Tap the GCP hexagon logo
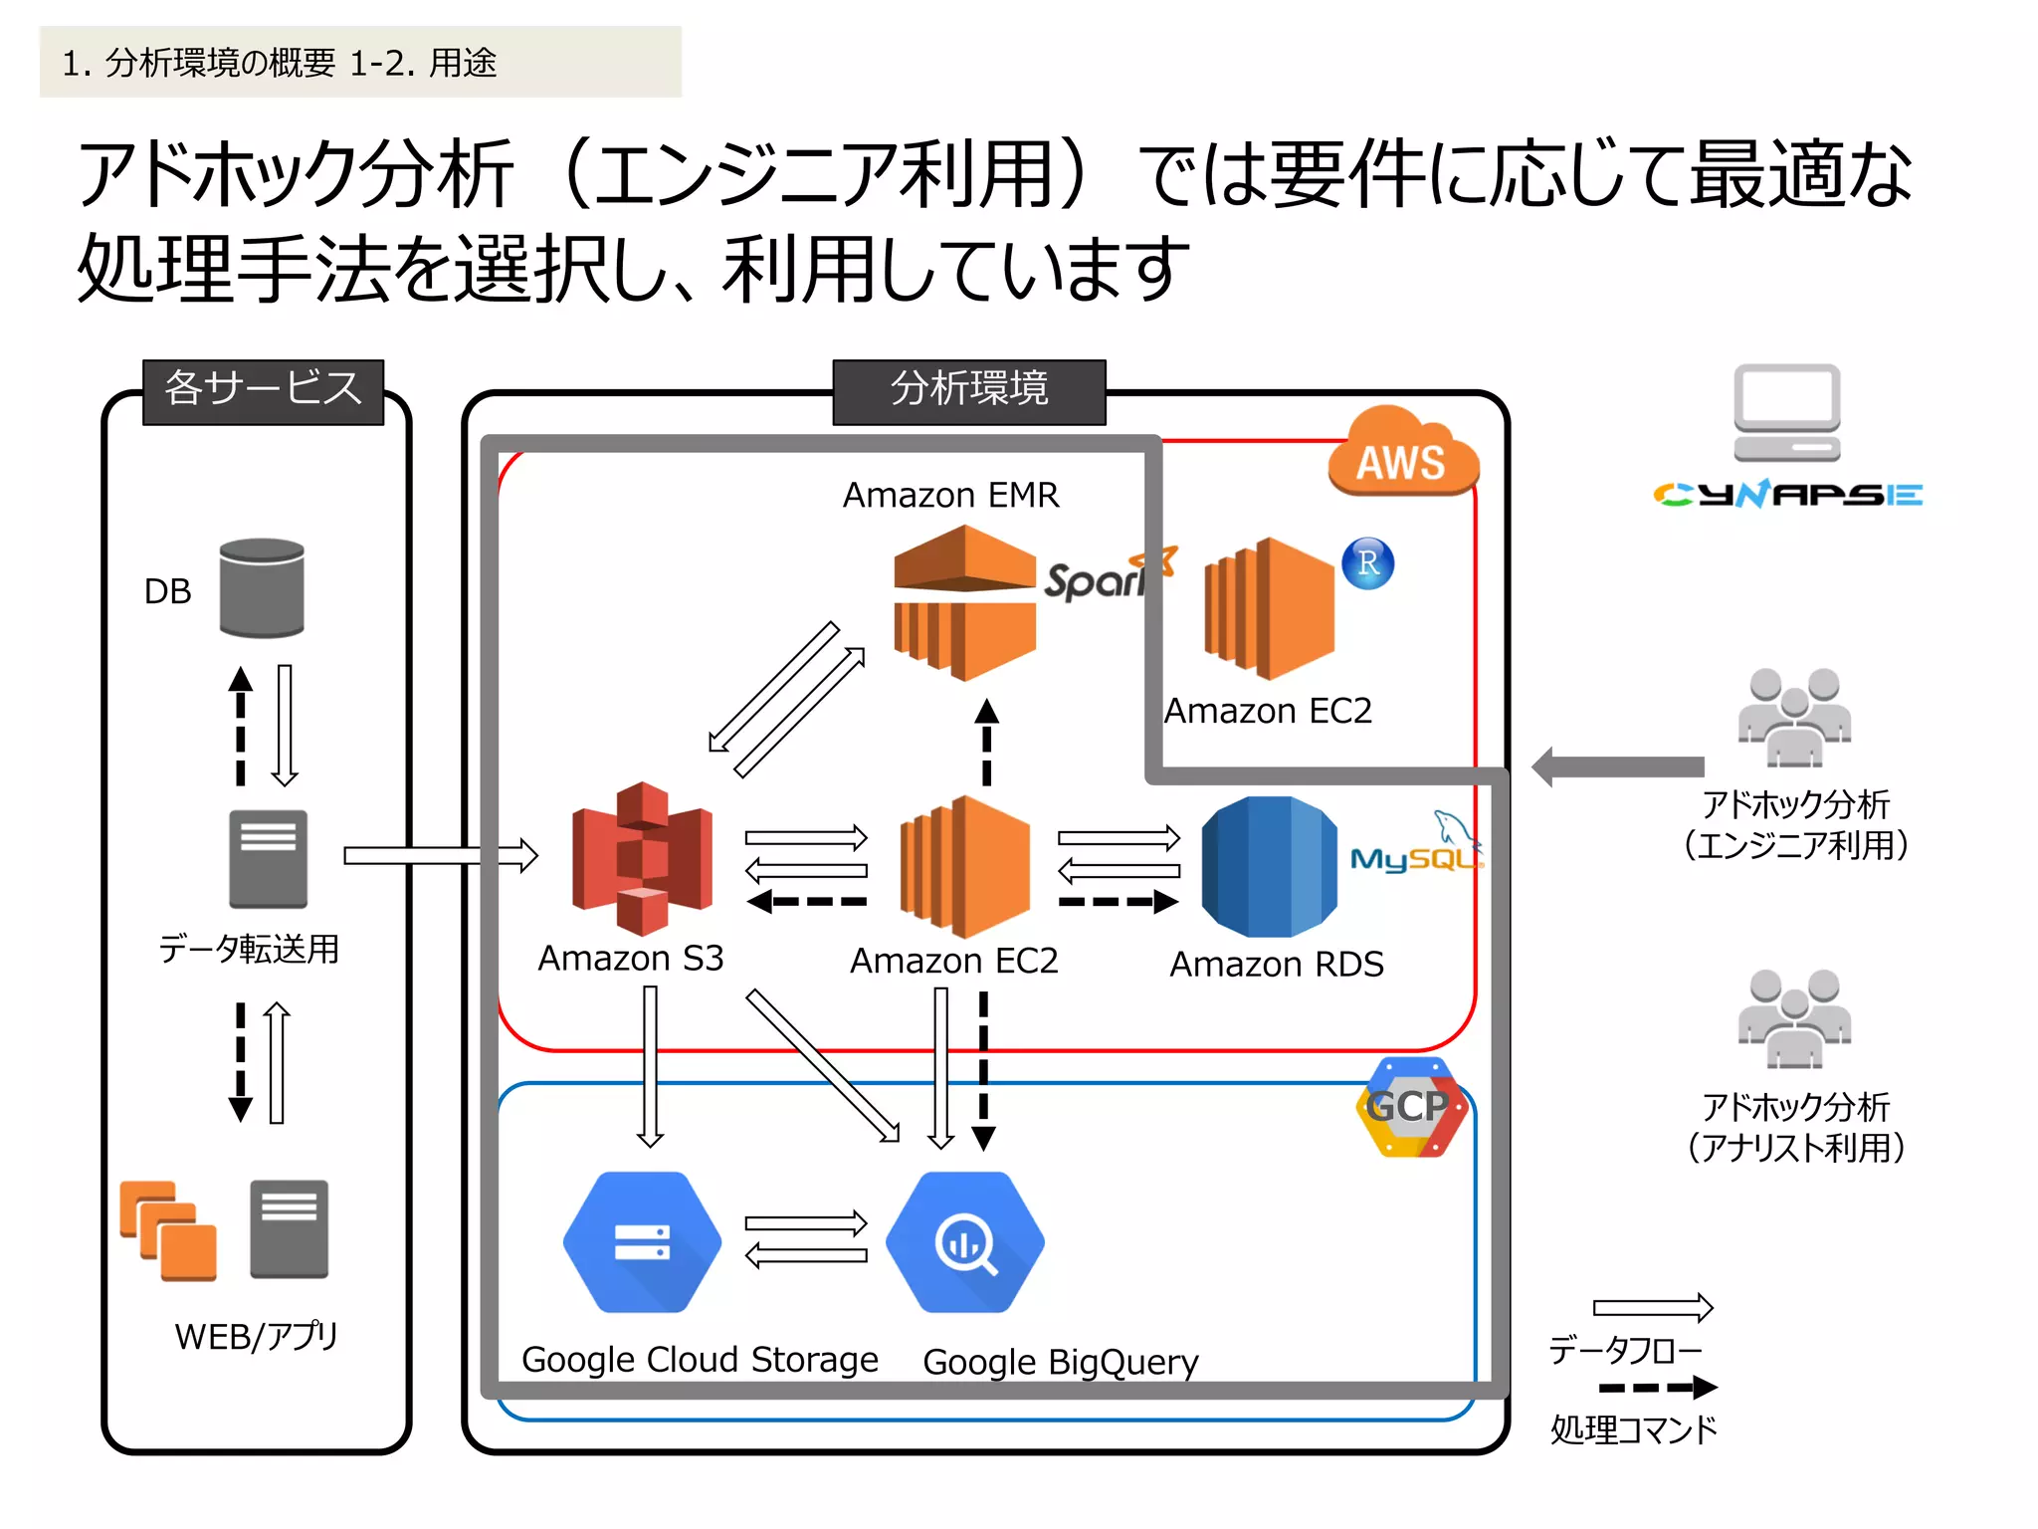[x=1410, y=1106]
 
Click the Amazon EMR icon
[x=963, y=602]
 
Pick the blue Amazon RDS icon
[x=1269, y=866]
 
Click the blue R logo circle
[x=1367, y=563]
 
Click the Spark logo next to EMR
[x=1100, y=575]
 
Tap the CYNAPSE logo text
[x=1787, y=495]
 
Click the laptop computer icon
[x=1786, y=412]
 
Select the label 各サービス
[x=263, y=389]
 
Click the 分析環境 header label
[x=968, y=389]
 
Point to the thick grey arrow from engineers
[x=1618, y=766]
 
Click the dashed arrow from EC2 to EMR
[x=986, y=743]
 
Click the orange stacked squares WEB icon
[x=167, y=1229]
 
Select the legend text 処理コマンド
[x=1633, y=1429]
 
